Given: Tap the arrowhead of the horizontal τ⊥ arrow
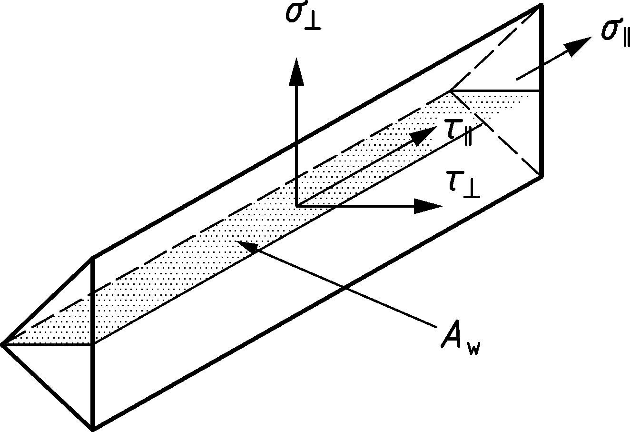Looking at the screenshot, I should coord(428,206).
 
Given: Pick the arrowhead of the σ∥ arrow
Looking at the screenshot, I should coord(578,45).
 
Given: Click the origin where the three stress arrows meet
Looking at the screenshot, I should coord(297,206).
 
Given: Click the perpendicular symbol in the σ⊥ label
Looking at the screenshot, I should coord(312,24).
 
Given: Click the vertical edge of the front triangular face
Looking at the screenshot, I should coord(92,343).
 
